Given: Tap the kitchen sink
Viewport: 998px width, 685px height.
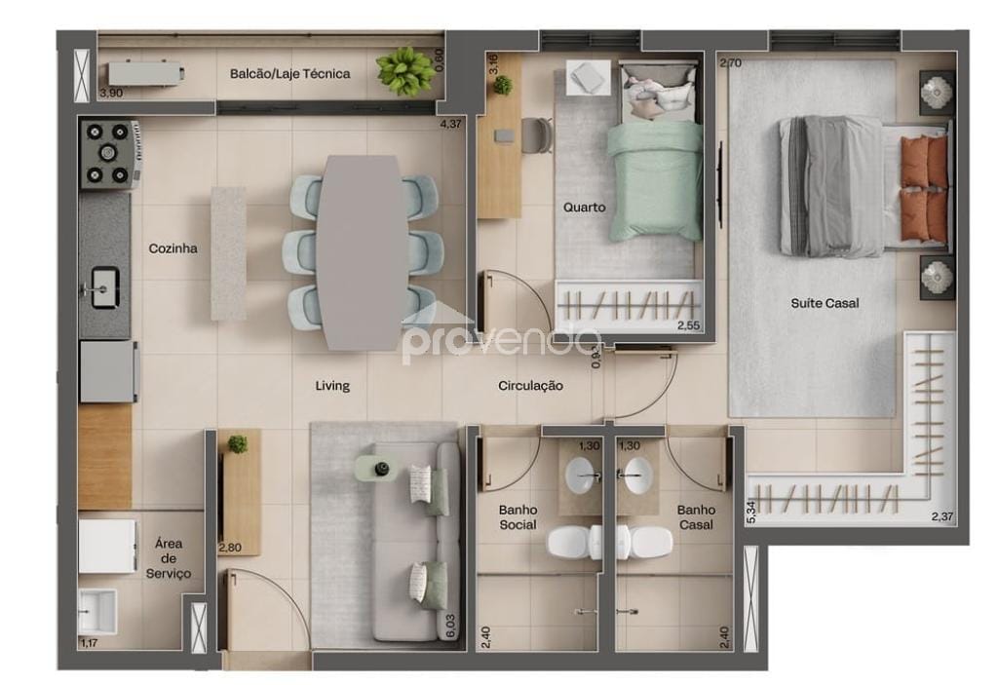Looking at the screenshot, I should point(105,287).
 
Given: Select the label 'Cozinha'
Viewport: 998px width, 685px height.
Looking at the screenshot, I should point(173,248).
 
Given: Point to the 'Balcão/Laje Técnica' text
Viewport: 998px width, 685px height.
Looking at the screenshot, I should point(289,74).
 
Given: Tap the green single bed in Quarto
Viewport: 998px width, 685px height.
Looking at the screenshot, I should point(655,180).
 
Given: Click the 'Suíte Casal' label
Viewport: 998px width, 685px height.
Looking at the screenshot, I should point(825,303).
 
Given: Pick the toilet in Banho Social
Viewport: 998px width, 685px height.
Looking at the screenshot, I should point(569,542).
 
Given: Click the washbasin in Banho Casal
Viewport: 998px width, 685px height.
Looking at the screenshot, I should point(636,476).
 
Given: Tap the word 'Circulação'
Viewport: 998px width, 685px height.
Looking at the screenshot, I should point(530,386).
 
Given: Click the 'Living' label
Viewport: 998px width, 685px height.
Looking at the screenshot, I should point(332,386).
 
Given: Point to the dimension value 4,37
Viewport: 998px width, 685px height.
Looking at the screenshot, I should point(450,124).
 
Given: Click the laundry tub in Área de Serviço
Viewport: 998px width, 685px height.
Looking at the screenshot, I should point(97,611).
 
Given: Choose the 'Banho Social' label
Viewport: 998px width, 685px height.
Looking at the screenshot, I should point(518,517).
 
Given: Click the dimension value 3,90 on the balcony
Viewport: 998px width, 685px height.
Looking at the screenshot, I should point(111,93).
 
